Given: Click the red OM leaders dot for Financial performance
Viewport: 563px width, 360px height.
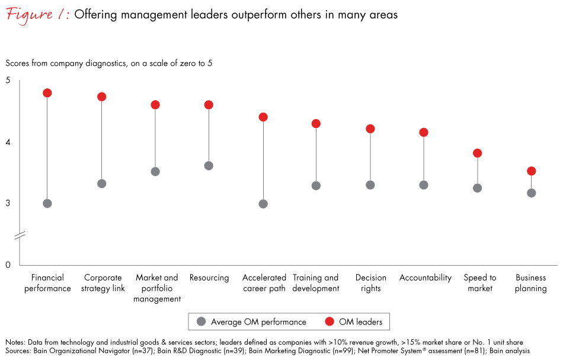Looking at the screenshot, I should pos(47,93).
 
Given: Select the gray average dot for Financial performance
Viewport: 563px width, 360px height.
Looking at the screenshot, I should pos(47,203).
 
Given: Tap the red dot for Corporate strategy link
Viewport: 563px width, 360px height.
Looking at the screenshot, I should pos(101,97).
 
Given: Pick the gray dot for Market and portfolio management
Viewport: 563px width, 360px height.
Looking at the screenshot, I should pos(155,171).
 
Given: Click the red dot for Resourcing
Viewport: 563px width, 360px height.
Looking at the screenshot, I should pos(209,105).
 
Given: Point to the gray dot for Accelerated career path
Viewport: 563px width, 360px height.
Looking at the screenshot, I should pos(263,204).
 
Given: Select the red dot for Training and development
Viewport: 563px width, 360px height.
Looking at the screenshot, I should pos(316,124).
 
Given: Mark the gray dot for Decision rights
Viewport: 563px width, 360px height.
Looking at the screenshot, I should pos(370,185).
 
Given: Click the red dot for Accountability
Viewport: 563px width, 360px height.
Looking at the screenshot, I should pos(424,132).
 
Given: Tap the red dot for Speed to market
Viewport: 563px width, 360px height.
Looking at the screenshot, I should pos(477,153).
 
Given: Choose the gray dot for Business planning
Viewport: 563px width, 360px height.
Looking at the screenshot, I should pos(532,193).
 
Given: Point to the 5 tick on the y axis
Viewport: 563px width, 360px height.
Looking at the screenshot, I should pos(8,81).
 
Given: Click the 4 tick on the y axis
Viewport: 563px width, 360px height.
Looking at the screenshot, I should pos(8,142).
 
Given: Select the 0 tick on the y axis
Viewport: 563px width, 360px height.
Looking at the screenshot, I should pos(8,265).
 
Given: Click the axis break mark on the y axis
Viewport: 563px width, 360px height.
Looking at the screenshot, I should pos(20,236).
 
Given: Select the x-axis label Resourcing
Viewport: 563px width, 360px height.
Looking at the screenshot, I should pos(209,278).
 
